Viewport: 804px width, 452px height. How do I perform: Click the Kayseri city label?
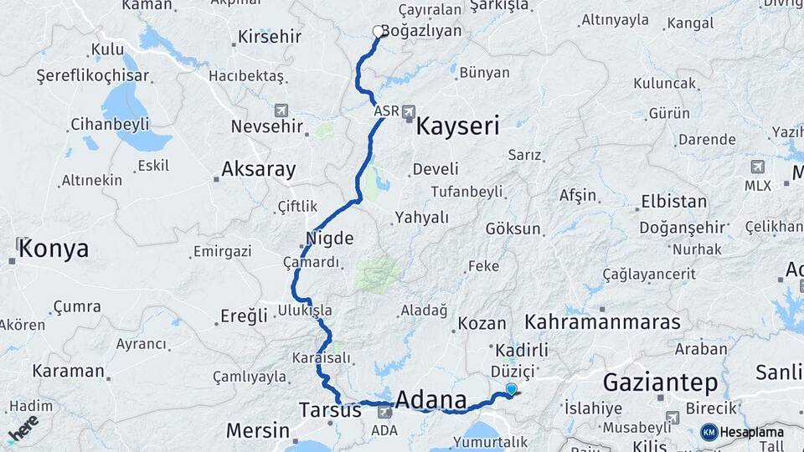[457, 127]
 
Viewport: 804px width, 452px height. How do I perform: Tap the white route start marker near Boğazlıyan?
[378, 32]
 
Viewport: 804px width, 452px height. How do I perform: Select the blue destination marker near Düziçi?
[511, 388]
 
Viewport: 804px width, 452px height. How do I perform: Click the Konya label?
[54, 249]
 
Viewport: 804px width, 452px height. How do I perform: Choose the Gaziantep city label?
[660, 383]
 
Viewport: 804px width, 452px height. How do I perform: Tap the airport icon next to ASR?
[409, 110]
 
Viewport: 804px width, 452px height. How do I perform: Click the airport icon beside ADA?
[384, 411]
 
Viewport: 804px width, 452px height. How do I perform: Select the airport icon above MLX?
[758, 167]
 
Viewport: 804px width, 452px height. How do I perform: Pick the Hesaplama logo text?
[751, 432]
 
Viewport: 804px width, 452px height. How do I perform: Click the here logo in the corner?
[23, 428]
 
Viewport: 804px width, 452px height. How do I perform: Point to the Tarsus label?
[330, 411]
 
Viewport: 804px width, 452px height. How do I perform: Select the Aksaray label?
[258, 170]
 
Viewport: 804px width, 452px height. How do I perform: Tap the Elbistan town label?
[673, 202]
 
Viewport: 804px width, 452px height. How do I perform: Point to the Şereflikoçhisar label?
[93, 75]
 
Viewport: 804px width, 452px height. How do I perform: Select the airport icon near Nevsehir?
[281, 110]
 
